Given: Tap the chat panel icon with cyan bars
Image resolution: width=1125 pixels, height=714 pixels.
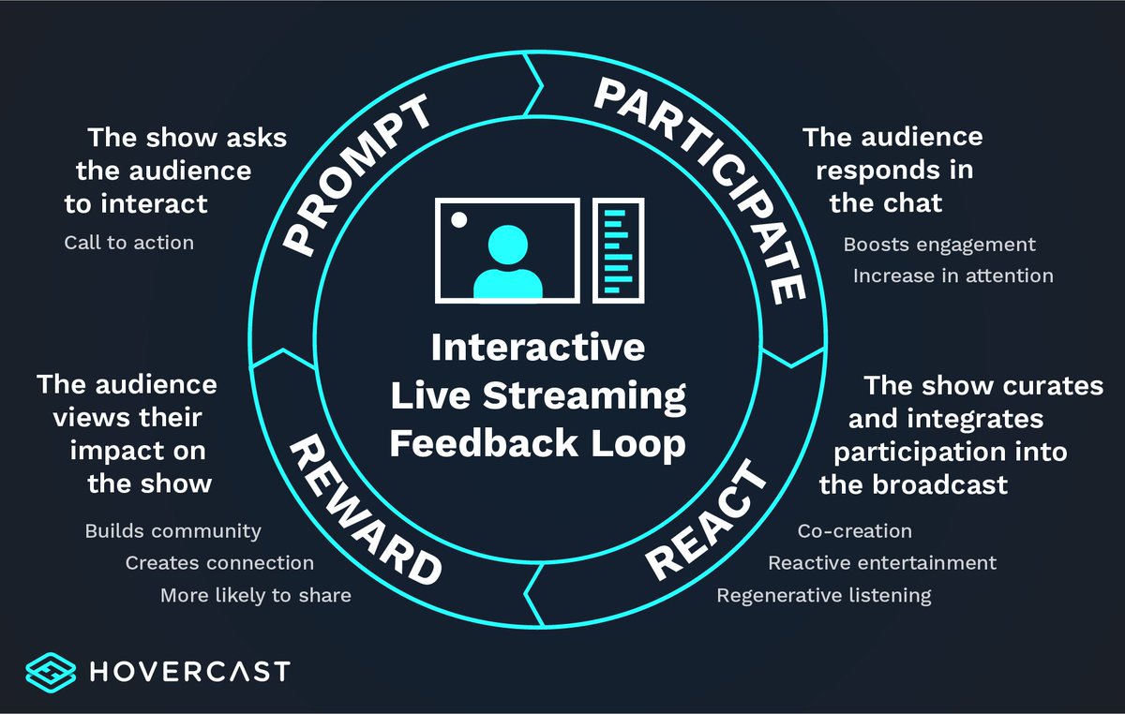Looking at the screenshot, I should coord(619,249).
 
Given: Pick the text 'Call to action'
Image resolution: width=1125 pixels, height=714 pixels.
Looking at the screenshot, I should coord(129,243).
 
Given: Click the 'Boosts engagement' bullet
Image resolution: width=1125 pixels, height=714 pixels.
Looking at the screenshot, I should coord(939,245).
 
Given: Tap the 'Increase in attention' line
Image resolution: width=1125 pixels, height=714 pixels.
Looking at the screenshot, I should coord(952,275).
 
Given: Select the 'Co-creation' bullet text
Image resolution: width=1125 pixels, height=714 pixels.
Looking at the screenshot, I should coord(854,531).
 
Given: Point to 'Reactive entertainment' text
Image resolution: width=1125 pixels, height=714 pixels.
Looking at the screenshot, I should coord(882,563).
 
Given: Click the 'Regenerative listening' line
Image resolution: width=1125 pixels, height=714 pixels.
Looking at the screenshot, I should coord(824,595).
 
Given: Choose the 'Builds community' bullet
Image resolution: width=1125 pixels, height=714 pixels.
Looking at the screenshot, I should coord(172,531).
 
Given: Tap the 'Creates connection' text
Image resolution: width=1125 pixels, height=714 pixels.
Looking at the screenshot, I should coord(219,563).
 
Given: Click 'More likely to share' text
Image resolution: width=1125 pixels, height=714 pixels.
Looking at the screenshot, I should coord(255,595).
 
